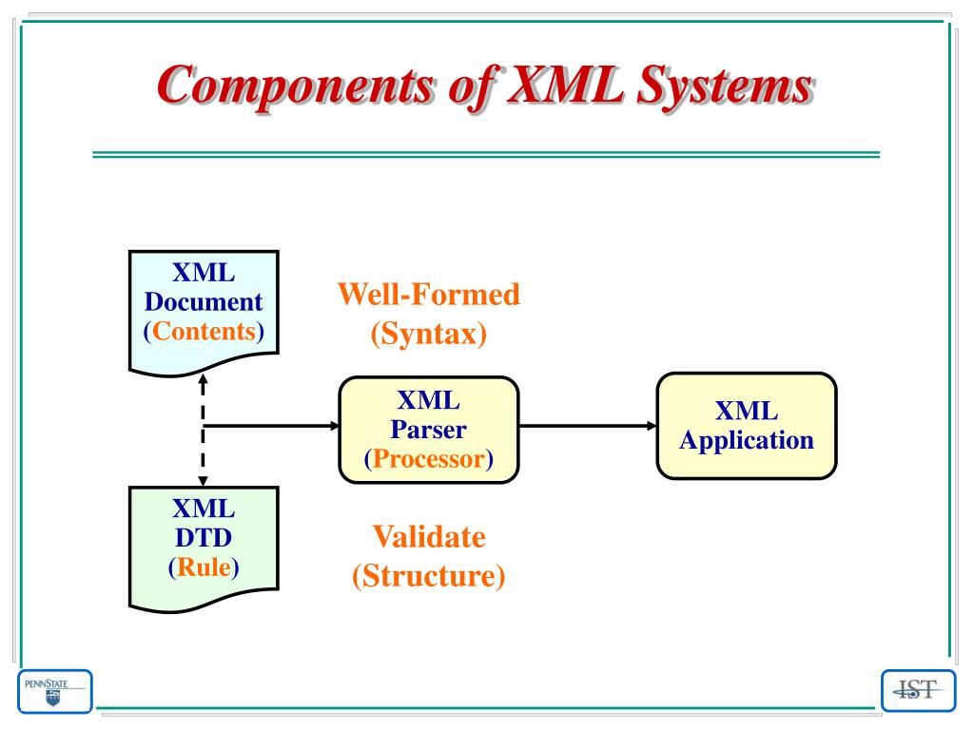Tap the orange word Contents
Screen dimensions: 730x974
(204, 332)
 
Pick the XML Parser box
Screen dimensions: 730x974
(429, 430)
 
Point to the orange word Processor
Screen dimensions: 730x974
(429, 459)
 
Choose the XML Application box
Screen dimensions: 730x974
(746, 425)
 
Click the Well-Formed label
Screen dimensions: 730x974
(429, 295)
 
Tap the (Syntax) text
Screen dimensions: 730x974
(429, 334)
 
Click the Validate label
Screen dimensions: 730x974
(429, 537)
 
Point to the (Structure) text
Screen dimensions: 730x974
(429, 576)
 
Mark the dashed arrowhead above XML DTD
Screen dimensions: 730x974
(204, 477)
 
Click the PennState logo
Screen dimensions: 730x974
(54, 690)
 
